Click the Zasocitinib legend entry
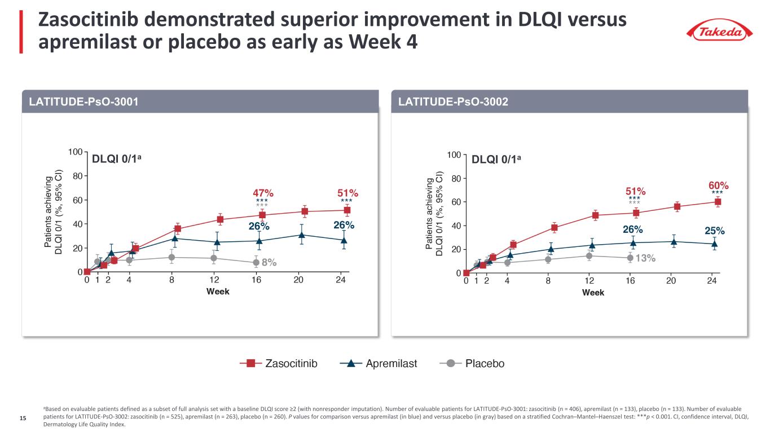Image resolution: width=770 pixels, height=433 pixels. [x=279, y=364]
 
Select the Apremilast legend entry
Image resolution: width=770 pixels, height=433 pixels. [x=379, y=364]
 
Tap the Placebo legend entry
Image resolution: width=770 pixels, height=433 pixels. [x=472, y=364]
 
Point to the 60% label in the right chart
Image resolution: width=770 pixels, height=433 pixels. [x=719, y=185]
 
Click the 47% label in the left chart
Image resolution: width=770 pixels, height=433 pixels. [x=262, y=192]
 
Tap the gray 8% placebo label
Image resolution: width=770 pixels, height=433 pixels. [x=269, y=262]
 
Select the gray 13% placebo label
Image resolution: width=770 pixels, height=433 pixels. [x=645, y=258]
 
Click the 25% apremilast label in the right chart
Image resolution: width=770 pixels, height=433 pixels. [x=715, y=231]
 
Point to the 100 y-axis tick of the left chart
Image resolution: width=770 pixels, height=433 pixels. [x=74, y=152]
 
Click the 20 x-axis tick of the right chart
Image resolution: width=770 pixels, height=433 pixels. [x=671, y=281]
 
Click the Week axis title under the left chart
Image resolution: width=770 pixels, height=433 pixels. [x=218, y=291]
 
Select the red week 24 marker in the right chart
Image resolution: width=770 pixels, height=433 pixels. [x=718, y=202]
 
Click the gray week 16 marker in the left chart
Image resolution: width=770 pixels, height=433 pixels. [x=256, y=263]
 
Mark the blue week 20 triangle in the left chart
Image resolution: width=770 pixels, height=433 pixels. [x=302, y=235]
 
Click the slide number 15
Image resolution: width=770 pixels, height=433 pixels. [x=23, y=418]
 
